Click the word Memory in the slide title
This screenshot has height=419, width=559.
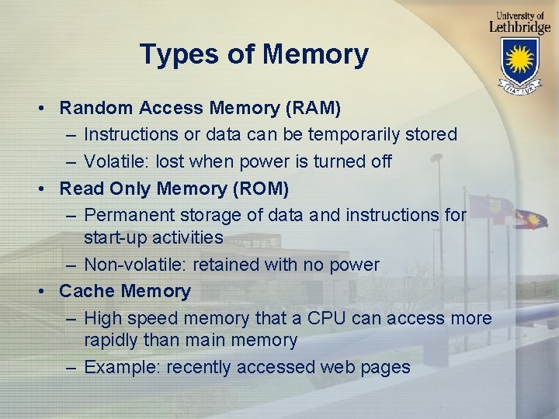(315, 55)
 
